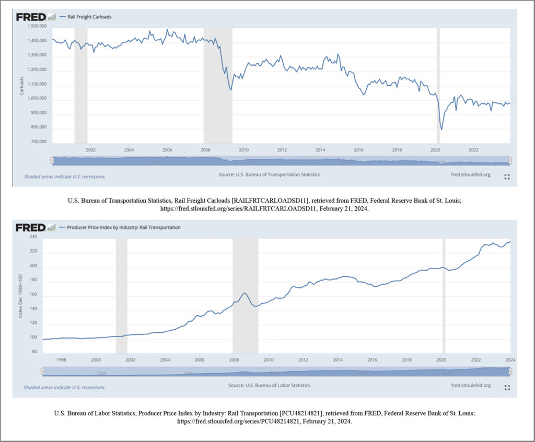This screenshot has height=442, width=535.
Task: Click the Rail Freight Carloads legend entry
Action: click(x=89, y=17)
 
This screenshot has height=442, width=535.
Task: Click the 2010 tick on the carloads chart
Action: click(x=243, y=150)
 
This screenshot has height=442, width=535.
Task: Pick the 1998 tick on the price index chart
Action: click(x=61, y=360)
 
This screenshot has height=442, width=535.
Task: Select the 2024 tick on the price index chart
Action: click(x=510, y=360)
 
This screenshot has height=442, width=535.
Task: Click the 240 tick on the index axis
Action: click(x=33, y=237)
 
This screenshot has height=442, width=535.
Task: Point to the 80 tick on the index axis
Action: click(x=34, y=352)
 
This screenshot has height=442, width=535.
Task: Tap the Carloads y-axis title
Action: click(x=21, y=85)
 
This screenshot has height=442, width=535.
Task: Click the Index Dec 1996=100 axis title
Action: click(x=21, y=295)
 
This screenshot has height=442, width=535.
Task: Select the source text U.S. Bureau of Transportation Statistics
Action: click(x=269, y=175)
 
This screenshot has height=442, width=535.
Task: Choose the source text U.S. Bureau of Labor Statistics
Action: click(x=269, y=386)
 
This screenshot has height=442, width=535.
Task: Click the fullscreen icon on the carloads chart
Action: click(x=506, y=177)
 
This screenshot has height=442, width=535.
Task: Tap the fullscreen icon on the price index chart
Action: click(x=506, y=388)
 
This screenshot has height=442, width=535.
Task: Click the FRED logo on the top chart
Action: click(x=31, y=17)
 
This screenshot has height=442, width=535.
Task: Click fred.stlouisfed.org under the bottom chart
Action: click(x=470, y=386)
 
